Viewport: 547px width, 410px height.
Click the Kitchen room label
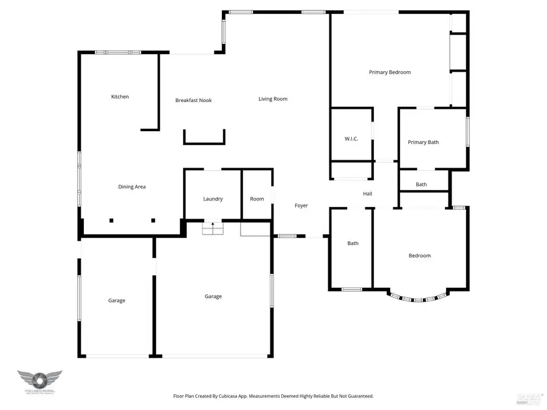120,97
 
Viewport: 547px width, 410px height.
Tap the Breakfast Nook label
193,100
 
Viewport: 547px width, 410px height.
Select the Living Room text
273,99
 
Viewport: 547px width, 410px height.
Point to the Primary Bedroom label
390,72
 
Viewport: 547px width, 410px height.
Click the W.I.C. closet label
351,139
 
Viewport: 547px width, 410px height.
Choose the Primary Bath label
423,143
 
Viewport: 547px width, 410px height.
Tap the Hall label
368,194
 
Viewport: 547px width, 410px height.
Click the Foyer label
301,206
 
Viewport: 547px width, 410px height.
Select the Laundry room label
213,199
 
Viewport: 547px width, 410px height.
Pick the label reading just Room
257,199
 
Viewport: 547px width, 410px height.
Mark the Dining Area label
132,187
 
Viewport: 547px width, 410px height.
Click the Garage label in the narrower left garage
117,301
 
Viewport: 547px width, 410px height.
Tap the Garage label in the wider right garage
213,296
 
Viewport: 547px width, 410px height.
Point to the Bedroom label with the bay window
419,256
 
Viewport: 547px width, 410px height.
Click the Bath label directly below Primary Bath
421,185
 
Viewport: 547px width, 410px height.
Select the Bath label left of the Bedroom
353,244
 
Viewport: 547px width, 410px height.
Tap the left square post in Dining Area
111,220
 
